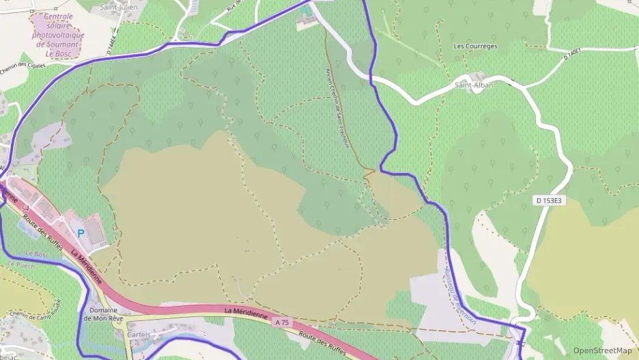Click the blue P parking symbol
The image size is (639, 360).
coord(81,233)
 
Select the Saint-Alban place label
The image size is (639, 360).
coord(474,85)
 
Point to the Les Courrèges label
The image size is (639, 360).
coord(476,46)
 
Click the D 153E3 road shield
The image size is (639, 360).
coord(548,200)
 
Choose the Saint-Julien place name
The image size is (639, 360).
coord(119,7)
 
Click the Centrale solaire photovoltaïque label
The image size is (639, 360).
coord(59,35)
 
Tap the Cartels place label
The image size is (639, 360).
coord(139,334)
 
